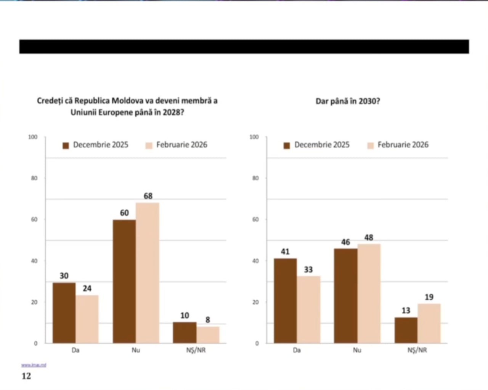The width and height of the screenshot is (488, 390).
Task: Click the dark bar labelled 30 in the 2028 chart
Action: coord(64,312)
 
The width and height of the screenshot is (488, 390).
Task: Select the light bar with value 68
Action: coord(148,273)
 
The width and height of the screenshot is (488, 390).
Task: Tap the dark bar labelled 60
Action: coord(124,281)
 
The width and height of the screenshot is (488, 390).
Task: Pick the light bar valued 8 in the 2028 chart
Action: coord(208,335)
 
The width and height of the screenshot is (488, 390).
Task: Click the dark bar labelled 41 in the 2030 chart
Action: coord(285,301)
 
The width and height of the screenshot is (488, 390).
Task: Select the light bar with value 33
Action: coord(308,309)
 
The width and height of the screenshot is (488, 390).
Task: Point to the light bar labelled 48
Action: coord(369,293)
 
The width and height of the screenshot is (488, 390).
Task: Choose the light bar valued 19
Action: coord(429,323)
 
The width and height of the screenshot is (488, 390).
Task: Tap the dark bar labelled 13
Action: coord(406,330)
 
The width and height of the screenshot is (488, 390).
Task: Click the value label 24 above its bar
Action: coord(87,288)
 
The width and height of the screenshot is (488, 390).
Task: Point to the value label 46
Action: coord(345,242)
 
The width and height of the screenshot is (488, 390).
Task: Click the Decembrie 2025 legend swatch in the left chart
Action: coord(66,146)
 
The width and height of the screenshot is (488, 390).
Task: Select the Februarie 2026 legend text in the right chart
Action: coord(403,145)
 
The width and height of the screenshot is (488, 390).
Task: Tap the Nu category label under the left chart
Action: coord(136,350)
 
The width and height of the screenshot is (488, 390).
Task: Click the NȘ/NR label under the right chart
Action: coord(417,350)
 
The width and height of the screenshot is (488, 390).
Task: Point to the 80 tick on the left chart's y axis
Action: coord(34,178)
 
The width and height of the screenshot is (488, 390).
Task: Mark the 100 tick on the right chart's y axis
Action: coord(254,137)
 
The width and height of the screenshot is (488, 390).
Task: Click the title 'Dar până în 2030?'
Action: coord(348,101)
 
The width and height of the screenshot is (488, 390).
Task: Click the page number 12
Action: coord(26,376)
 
